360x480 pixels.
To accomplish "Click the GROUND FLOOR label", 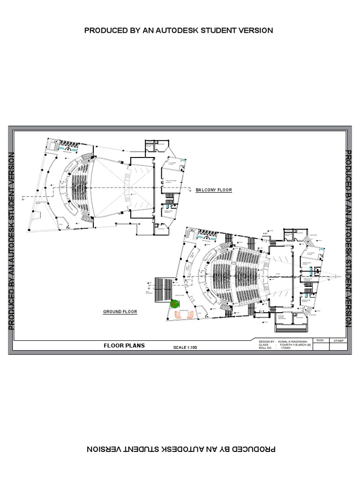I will tap(120, 311).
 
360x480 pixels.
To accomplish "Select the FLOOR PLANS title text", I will tap(124, 345).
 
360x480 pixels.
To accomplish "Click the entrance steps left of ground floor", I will tap(161, 287).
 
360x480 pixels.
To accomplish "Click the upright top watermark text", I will tap(178, 30).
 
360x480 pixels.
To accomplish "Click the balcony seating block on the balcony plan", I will tap(80, 187).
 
